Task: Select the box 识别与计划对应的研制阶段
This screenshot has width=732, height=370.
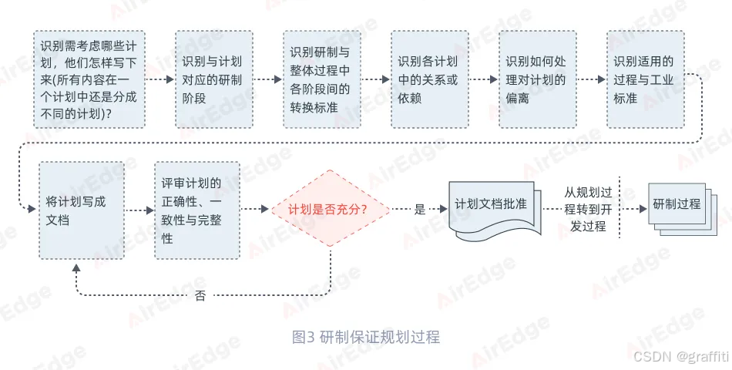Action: pyautogui.click(x=213, y=79)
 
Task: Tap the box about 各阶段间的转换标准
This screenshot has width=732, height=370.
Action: pyautogui.click(x=321, y=79)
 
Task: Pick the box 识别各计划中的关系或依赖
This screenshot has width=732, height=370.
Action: pyautogui.click(x=429, y=79)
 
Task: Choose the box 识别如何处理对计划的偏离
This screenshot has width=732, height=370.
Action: pyautogui.click(x=537, y=79)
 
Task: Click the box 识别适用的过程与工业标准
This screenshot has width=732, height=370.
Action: pyautogui.click(x=645, y=79)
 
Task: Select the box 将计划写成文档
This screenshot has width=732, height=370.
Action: pyautogui.click(x=81, y=210)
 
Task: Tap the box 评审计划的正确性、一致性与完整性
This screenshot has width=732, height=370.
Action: pyautogui.click(x=196, y=210)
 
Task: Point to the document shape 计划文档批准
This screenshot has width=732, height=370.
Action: pyautogui.click(x=491, y=207)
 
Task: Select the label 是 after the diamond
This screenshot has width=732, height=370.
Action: pyautogui.click(x=420, y=209)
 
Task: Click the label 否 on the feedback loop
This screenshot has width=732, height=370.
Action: pyautogui.click(x=200, y=296)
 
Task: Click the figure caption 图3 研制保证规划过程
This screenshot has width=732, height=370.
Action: pyautogui.click(x=366, y=337)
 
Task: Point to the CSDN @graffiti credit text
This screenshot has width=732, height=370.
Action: pyautogui.click(x=680, y=356)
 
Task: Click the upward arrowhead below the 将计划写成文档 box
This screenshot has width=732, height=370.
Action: pyautogui.click(x=75, y=267)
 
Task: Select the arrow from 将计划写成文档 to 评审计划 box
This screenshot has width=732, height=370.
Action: pyautogui.click(x=139, y=210)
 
